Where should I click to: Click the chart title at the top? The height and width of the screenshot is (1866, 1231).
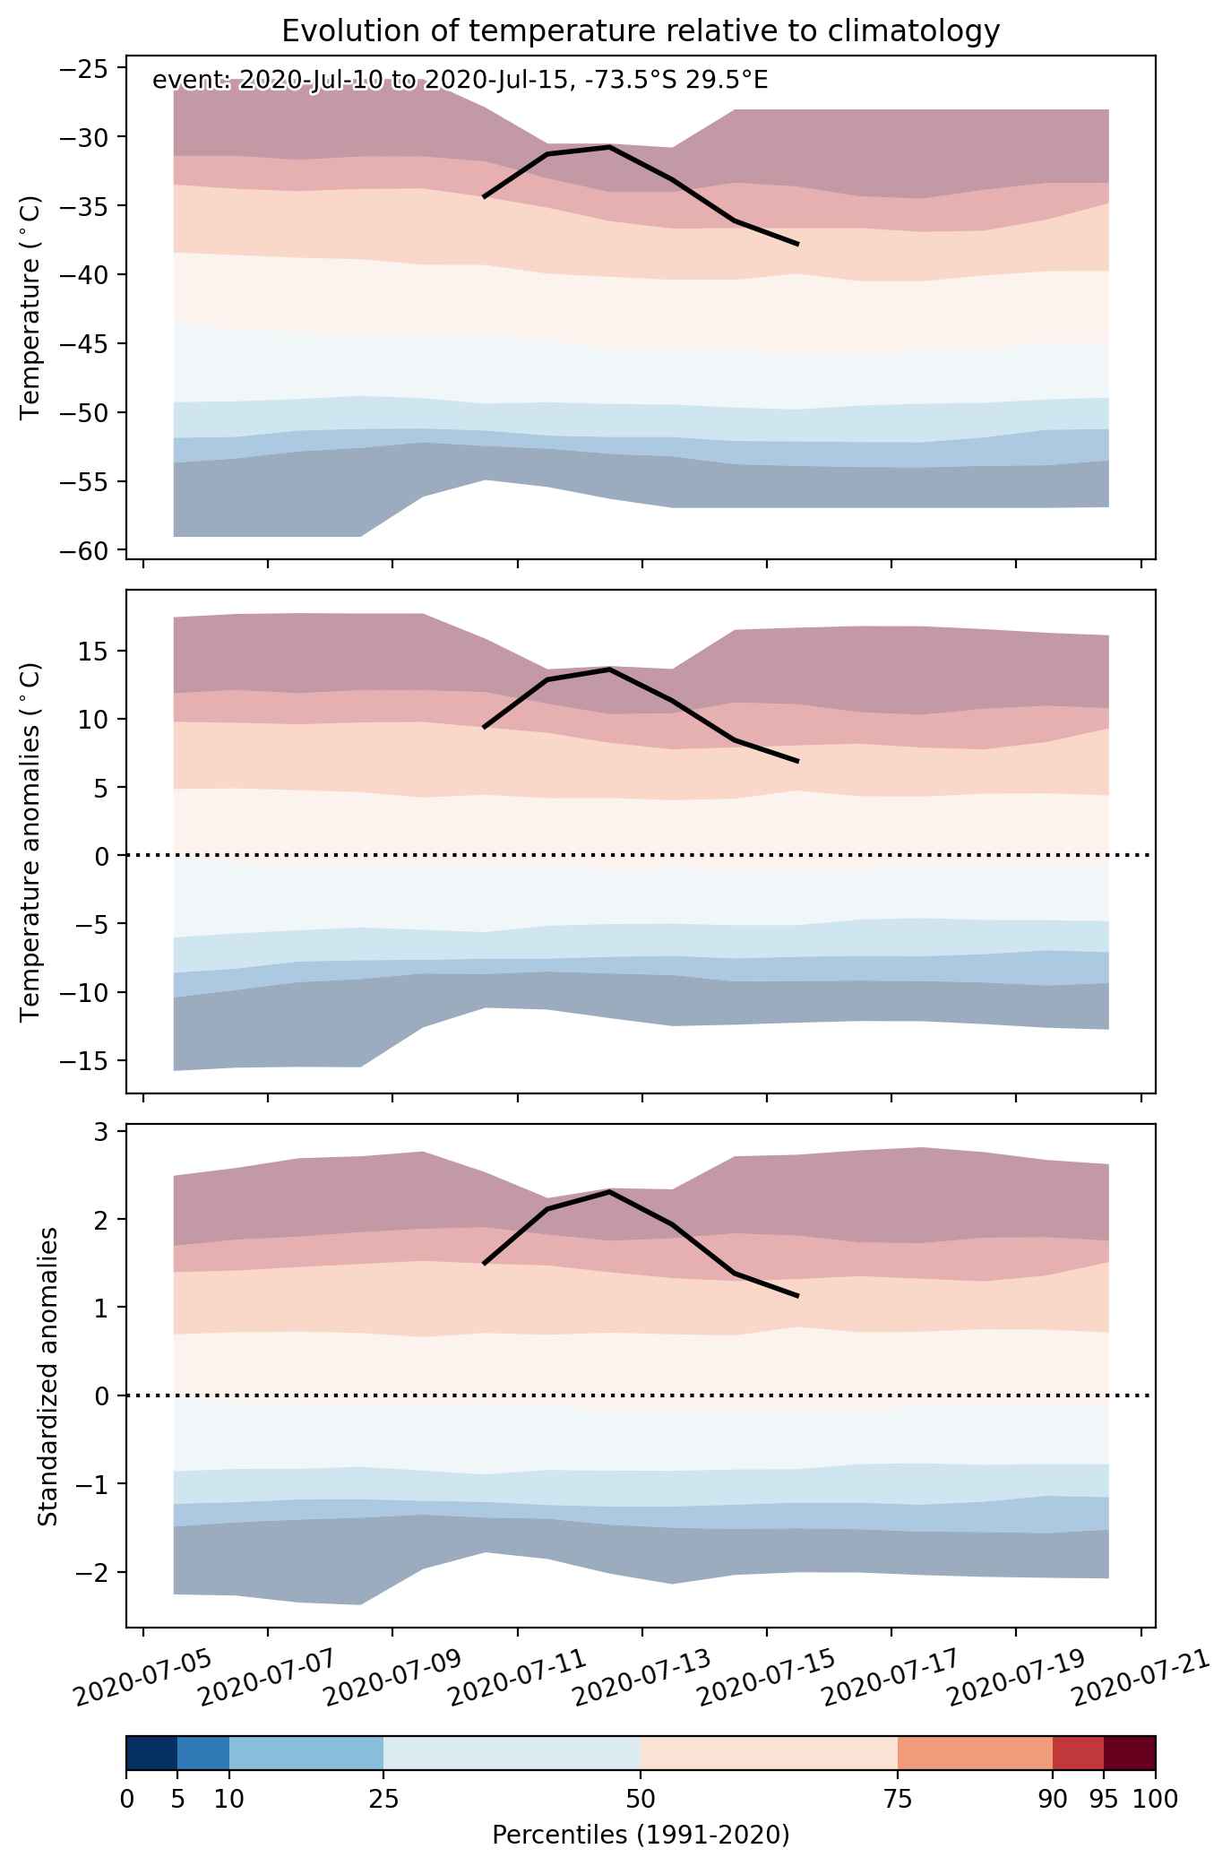pos(641,31)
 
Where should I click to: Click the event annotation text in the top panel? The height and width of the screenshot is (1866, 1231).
pos(461,81)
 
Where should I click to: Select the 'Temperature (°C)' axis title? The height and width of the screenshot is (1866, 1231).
pos(31,308)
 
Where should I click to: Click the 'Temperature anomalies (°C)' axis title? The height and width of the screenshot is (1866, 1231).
pos(31,841)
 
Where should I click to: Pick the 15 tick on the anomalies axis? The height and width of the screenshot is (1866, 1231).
pos(94,651)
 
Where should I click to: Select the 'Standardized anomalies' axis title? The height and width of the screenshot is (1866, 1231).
pos(48,1376)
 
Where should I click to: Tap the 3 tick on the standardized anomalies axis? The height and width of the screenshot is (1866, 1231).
pos(101,1132)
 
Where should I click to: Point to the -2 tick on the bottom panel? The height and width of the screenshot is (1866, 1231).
pos(93,1573)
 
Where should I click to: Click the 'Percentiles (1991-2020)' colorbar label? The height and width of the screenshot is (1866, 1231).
pos(641,1836)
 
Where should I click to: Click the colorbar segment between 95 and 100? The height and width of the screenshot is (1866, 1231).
pos(1129,1754)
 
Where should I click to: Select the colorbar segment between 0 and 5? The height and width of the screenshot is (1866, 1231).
pos(152,1754)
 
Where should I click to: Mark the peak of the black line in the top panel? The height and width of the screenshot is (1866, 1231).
pos(609,146)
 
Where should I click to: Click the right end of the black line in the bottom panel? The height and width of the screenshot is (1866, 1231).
pos(797,1296)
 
